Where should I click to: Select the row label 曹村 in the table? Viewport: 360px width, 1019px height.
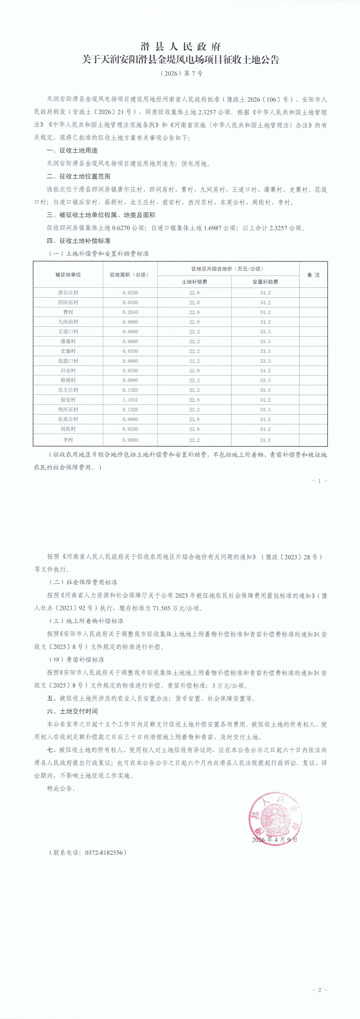pos(68,312)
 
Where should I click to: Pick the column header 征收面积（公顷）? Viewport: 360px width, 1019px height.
pos(130,275)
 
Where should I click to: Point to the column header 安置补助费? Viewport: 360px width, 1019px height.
pos(265,282)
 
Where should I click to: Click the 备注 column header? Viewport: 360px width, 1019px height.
pos(313,275)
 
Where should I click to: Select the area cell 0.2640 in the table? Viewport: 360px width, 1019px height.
pos(130,312)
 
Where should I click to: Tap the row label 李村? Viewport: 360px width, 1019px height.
pos(68,440)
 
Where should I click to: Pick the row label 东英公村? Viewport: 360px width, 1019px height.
pos(68,419)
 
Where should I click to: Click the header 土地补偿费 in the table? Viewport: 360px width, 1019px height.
pos(194,282)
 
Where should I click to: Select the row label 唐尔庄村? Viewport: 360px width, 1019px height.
pos(68,293)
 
